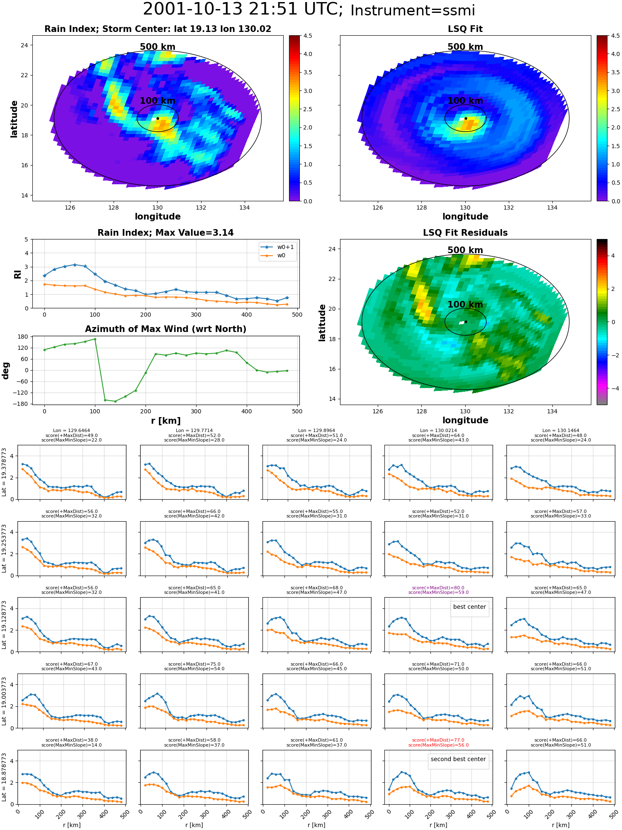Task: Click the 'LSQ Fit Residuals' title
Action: coord(465,233)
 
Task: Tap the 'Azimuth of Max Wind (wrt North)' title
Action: coord(165,329)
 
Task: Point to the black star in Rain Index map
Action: coord(158,118)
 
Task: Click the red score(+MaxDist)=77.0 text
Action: coord(438,740)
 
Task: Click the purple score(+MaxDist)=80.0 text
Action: coord(438,588)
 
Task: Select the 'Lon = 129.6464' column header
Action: coord(71,431)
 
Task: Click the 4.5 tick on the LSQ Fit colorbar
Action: coord(615,36)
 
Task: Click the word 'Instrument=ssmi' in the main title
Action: coord(413,10)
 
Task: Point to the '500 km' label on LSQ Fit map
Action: coord(465,47)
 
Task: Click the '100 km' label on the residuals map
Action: coord(465,305)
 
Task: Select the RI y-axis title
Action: coord(17,274)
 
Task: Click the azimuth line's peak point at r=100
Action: coord(95,339)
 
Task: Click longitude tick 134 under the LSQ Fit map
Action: coord(552,207)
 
